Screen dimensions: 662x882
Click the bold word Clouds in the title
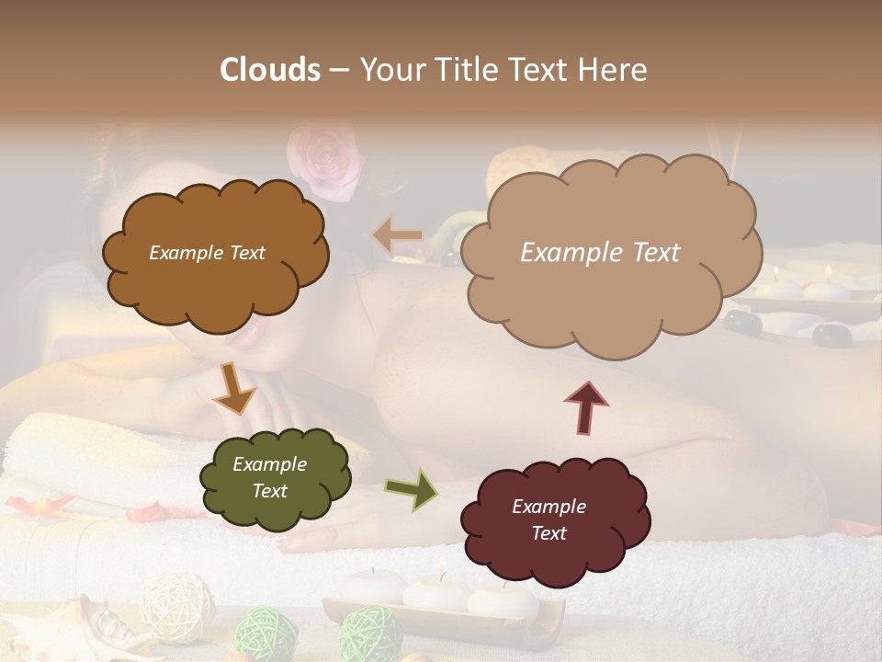(269, 70)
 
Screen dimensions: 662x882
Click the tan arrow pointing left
(398, 236)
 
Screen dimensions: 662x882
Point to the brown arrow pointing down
(233, 387)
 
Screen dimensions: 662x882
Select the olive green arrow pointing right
(411, 488)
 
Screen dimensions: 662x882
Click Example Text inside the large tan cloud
(600, 252)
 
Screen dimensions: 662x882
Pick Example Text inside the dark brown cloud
(207, 252)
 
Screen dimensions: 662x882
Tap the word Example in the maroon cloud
(548, 507)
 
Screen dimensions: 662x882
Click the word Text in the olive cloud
(270, 491)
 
